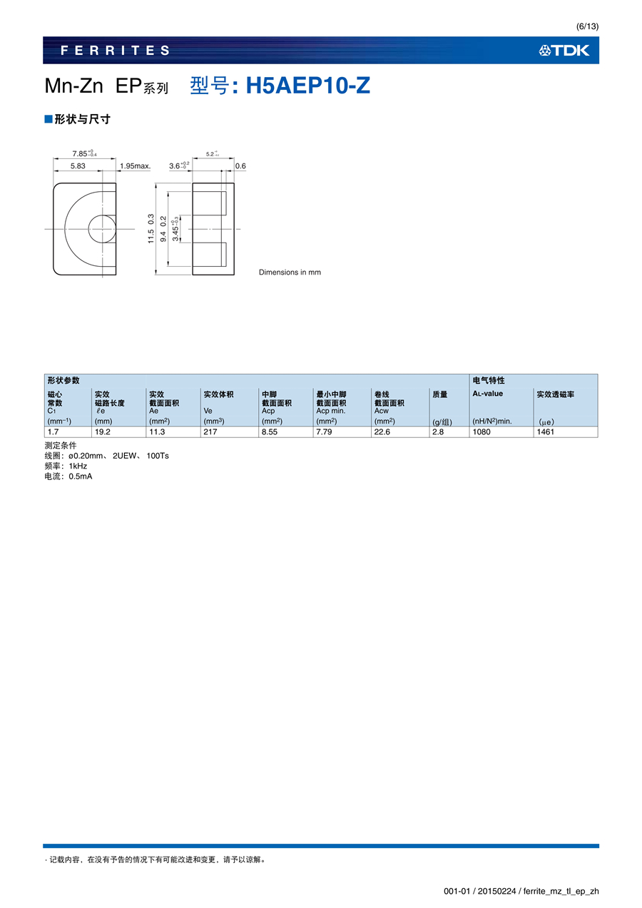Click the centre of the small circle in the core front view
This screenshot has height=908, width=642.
[x=103, y=229]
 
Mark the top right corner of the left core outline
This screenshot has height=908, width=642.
[x=116, y=183]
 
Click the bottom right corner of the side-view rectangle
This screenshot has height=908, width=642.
[x=234, y=275]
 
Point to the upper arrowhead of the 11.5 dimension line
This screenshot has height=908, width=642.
[x=156, y=185]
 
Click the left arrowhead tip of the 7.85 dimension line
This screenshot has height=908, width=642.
[x=53, y=158]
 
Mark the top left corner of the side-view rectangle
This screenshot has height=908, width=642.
[x=193, y=183]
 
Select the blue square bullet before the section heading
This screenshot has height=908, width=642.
[x=49, y=119]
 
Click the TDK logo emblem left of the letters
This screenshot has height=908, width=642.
[x=545, y=51]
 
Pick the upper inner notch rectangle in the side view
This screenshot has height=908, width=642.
[x=224, y=203]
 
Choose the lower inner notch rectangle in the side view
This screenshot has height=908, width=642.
[x=224, y=254]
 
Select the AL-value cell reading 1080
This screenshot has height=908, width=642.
[x=481, y=432]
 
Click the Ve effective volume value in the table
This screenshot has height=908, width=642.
[x=210, y=432]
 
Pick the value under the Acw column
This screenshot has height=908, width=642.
[x=382, y=432]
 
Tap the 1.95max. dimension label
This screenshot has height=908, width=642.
[x=136, y=165]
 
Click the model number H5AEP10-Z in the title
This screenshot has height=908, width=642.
[x=308, y=86]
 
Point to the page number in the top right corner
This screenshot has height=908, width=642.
[x=587, y=26]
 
